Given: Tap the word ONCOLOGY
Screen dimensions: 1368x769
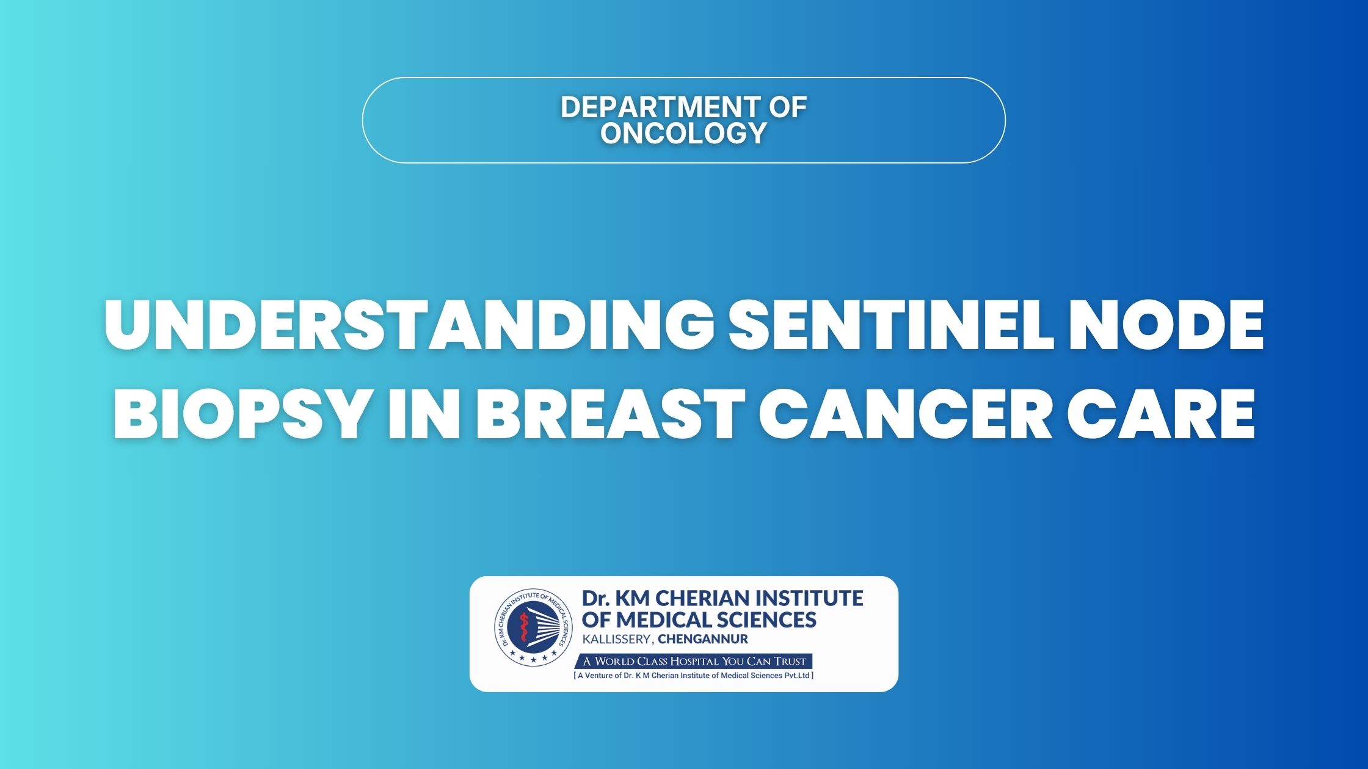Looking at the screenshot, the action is pyautogui.click(x=683, y=133).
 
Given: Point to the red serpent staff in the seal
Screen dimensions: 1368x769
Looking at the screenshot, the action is pyautogui.click(x=523, y=629).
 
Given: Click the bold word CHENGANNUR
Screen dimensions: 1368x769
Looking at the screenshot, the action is pyautogui.click(x=703, y=640).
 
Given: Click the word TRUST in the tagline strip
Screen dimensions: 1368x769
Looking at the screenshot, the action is pyautogui.click(x=790, y=661).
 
